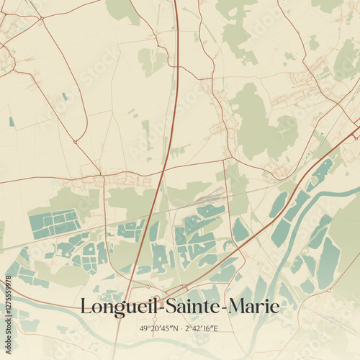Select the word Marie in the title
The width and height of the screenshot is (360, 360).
pyautogui.click(x=253, y=307)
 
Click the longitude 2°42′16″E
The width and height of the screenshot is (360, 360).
pyautogui.click(x=202, y=328)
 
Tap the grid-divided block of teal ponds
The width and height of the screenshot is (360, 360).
pyautogui.click(x=55, y=223)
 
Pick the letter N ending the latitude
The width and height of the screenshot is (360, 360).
pyautogui.click(x=175, y=328)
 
